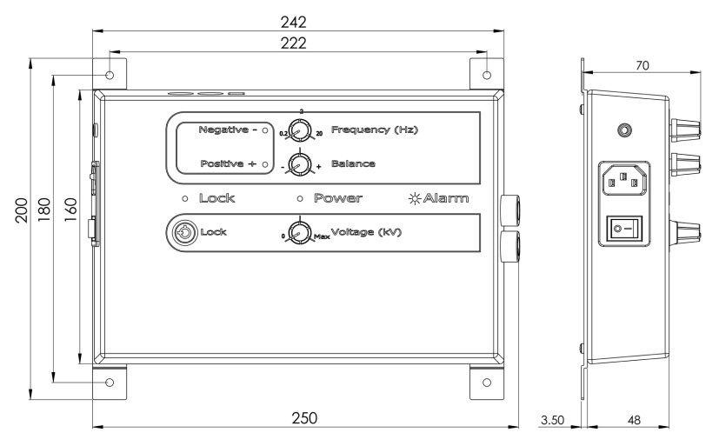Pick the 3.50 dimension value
pyautogui.click(x=552, y=419)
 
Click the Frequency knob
pyautogui.click(x=300, y=131)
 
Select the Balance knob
pyautogui.click(x=300, y=163)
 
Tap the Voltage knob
pyautogui.click(x=300, y=233)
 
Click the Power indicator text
pyautogui.click(x=337, y=198)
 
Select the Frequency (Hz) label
pyautogui.click(x=375, y=130)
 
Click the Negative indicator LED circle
pyautogui.click(x=264, y=130)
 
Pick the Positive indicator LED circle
pyautogui.click(x=264, y=163)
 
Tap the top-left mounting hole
pyautogui.click(x=110, y=76)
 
